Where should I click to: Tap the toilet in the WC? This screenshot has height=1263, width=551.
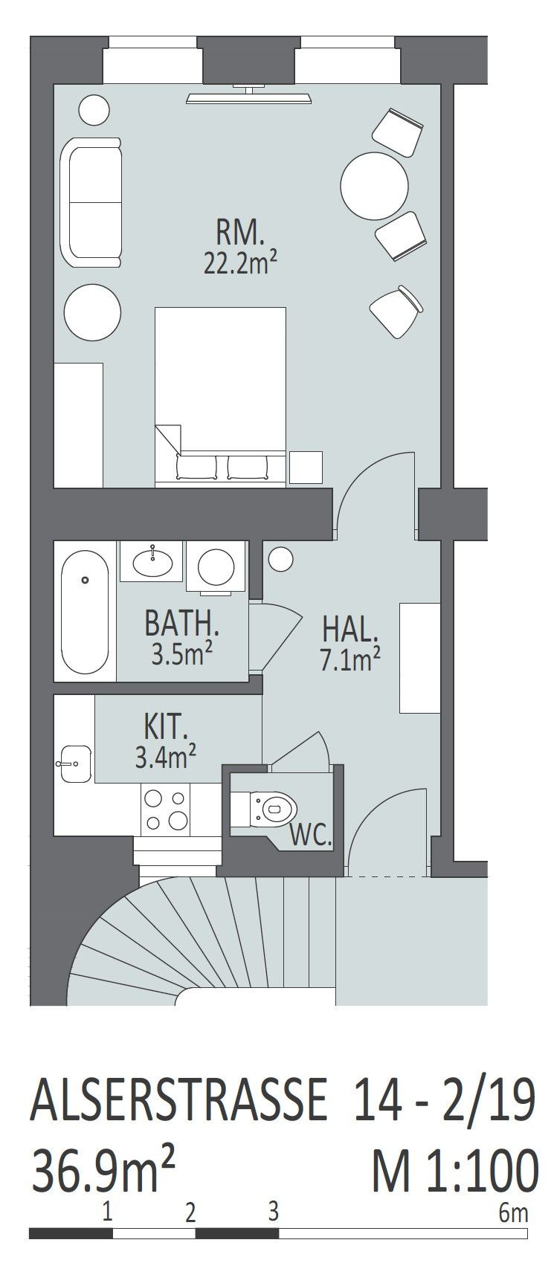[273, 809]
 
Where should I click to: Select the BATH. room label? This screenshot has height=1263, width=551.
[181, 623]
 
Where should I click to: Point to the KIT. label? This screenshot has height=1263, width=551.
[166, 727]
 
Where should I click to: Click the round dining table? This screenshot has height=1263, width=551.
[375, 186]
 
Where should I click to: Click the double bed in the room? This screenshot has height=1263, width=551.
[221, 397]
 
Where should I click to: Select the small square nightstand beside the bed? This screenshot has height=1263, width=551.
[306, 468]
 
